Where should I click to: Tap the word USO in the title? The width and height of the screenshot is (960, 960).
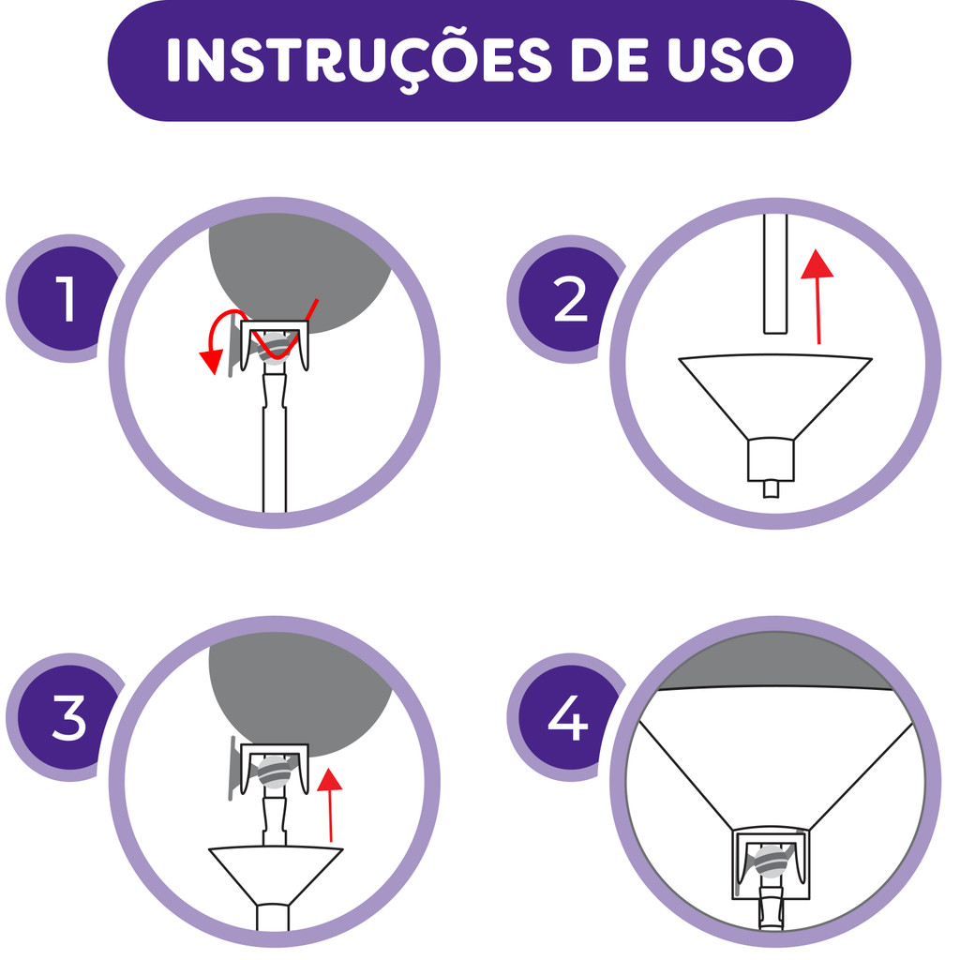pyautogui.click(x=730, y=59)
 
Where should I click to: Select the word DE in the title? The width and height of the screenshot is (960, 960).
pyautogui.click(x=609, y=59)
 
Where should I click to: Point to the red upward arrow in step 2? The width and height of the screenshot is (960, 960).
pyautogui.click(x=817, y=297)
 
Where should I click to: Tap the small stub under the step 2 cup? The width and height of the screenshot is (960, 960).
pyautogui.click(x=772, y=489)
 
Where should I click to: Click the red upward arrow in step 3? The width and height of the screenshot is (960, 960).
pyautogui.click(x=330, y=804)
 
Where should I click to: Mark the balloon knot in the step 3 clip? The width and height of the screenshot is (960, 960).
pyautogui.click(x=274, y=772)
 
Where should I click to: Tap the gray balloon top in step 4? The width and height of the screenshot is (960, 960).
pyautogui.click(x=775, y=661)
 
